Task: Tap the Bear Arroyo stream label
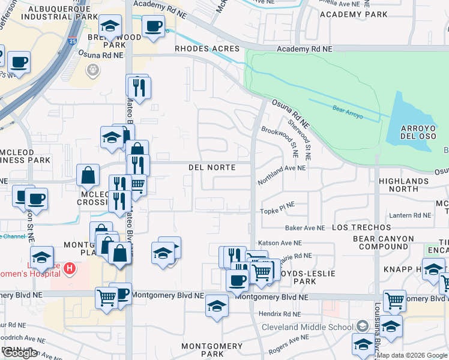coord(348,110)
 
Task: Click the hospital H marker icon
coord(70,268)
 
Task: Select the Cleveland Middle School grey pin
coord(362,326)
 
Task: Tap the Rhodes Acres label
coord(207,49)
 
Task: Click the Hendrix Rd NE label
coord(279,314)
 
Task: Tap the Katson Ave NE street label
coord(279,243)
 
